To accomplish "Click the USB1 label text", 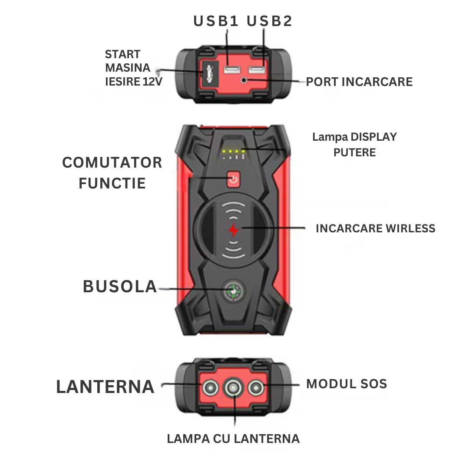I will [216, 21].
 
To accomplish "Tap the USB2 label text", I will [270, 21].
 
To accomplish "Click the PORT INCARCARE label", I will [359, 82].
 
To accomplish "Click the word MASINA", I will [128, 68].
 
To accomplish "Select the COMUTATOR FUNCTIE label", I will [112, 173].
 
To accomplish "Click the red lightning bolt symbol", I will [234, 230].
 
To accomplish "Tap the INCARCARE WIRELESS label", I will [375, 228].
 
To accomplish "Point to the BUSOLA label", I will [120, 287].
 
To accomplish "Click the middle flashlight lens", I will [234, 387].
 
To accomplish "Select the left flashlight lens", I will [210, 386].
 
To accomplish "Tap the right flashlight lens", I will [256, 386].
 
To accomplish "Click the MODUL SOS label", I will [346, 384].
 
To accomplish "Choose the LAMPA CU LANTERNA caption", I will [233, 439].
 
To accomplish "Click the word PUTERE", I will [354, 152].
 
